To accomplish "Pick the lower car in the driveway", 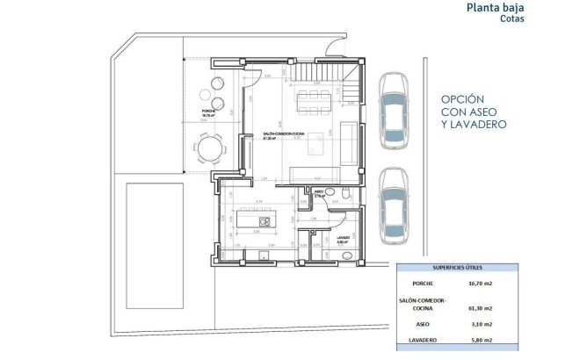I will [393, 205].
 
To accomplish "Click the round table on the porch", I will [208, 147].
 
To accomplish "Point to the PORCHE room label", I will [208, 112].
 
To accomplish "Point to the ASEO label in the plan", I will [319, 191].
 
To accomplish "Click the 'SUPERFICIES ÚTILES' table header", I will [457, 267].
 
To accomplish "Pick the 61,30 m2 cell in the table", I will [481, 308].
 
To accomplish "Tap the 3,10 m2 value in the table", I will [481, 323].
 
